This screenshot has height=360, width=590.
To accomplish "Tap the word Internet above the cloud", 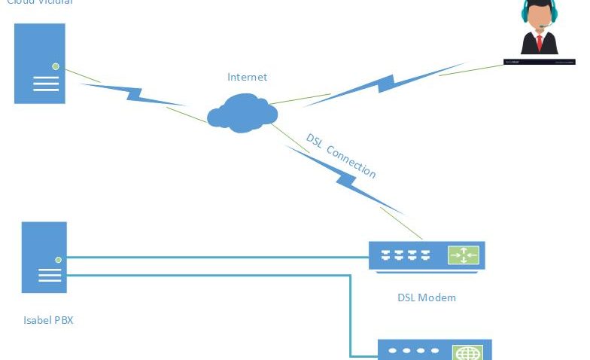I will coord(247,77).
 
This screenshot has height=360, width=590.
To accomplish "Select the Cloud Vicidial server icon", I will coord(40,63).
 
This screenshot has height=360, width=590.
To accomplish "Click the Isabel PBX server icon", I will coord(44,257).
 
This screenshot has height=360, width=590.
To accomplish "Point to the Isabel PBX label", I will coord(48,320).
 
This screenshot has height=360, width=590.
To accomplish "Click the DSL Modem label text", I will coord(427,297).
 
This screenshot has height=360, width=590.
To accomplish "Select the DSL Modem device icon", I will coord(426,255).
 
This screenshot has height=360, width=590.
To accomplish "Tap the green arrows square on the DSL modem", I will coord(464,255).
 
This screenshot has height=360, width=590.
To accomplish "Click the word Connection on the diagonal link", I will coord(351,161).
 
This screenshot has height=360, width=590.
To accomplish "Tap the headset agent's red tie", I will coord(539,41).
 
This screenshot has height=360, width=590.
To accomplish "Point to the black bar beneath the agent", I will coord(540,62).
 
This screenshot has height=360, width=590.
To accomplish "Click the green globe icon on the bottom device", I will coord(467,352).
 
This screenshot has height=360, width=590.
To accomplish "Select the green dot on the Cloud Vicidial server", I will coord(55,66).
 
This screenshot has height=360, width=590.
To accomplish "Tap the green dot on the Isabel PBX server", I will coord(58,259).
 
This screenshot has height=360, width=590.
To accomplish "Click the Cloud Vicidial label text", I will coord(39,2).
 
